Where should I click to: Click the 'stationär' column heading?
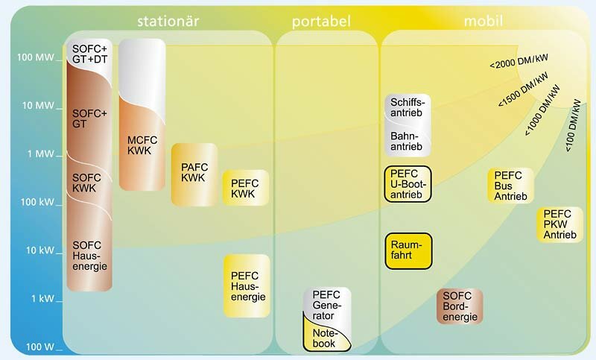pyautogui.click(x=168, y=21)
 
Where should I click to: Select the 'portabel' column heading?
pyautogui.click(x=321, y=22)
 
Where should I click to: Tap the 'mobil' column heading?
pyautogui.click(x=484, y=21)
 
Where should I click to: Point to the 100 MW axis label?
pyautogui.click(x=35, y=57)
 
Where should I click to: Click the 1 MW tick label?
pyautogui.click(x=41, y=154)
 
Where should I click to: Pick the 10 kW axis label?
pyautogui.click(x=40, y=250)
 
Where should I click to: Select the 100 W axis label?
pyautogui.click(x=40, y=347)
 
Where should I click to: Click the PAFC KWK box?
pyautogui.click(x=194, y=174)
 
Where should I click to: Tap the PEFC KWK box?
pyautogui.click(x=246, y=188)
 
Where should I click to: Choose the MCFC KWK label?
pyautogui.click(x=142, y=145)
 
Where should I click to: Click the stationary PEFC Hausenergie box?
pyautogui.click(x=247, y=286)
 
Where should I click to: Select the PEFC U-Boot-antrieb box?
pyautogui.click(x=408, y=184)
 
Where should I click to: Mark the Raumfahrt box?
pyautogui.click(x=408, y=251)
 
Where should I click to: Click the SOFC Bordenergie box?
pyautogui.click(x=460, y=306)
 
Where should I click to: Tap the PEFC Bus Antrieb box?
pyautogui.click(x=510, y=186)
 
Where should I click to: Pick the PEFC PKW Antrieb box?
pyautogui.click(x=560, y=224)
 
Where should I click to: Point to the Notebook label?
pyautogui.click(x=324, y=338)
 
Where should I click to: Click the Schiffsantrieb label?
pyautogui.click(x=407, y=107)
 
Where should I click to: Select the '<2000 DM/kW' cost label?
pyautogui.click(x=519, y=61)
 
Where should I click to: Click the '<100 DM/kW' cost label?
pyautogui.click(x=573, y=125)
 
